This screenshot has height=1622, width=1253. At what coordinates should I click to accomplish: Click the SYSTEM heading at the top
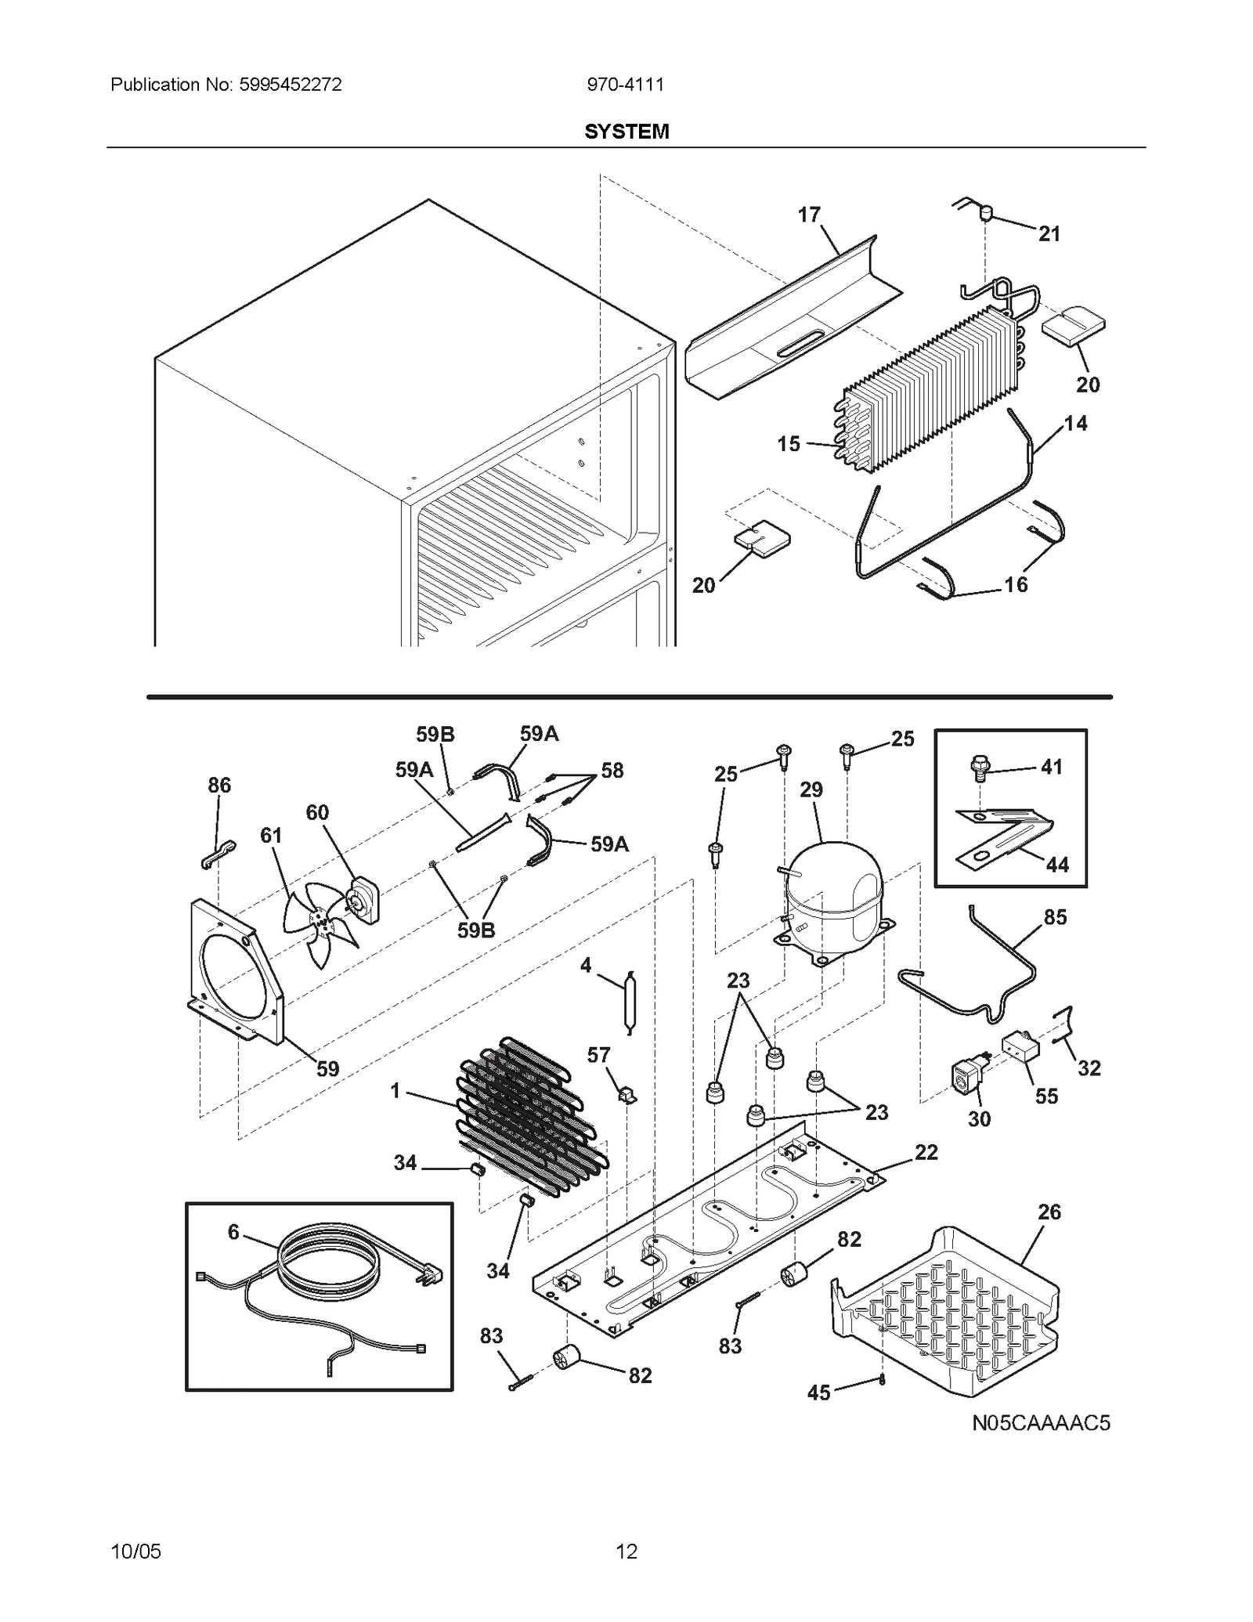click(x=626, y=131)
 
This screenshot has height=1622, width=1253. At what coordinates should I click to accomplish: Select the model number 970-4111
click(x=626, y=85)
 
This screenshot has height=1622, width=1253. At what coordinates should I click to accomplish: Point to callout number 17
click(x=809, y=215)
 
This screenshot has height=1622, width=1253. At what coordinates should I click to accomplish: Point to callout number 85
click(x=1055, y=917)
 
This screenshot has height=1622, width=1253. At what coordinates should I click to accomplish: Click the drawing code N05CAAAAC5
click(x=1041, y=1422)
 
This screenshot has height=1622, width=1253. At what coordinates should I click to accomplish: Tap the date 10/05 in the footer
click(x=136, y=1551)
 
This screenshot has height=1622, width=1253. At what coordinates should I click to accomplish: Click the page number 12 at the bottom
click(x=626, y=1551)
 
